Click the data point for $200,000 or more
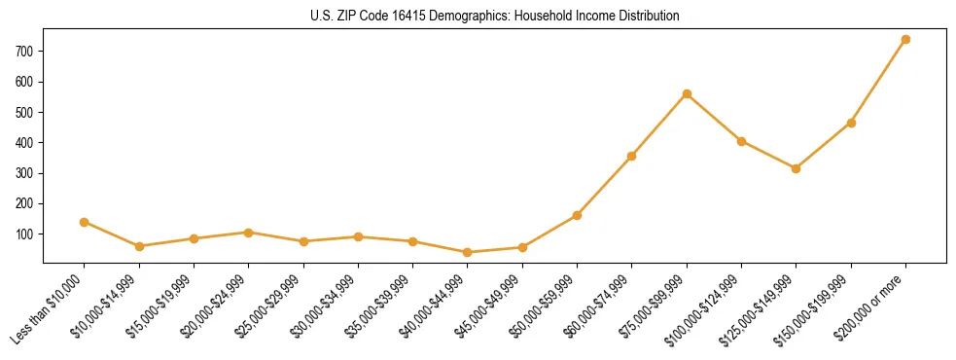point(905,39)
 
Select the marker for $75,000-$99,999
point(687,93)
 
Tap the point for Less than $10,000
point(85,222)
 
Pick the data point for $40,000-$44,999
point(468,252)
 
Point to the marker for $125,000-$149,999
point(797,168)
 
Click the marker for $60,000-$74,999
point(632,156)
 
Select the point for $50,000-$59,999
point(578,215)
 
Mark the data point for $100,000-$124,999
point(742,141)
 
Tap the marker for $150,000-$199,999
point(851,123)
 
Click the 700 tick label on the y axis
point(25,52)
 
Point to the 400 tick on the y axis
point(25,143)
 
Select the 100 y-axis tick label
point(25,234)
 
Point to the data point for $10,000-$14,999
point(139,246)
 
